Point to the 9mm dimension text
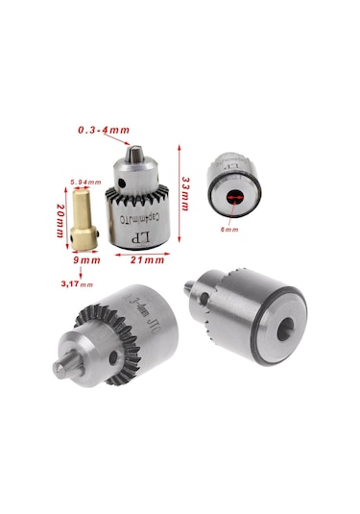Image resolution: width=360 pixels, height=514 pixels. point(87,260)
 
